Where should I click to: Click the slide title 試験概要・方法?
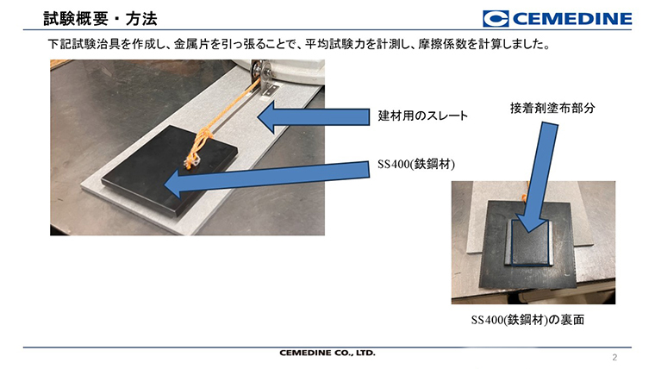[100, 19]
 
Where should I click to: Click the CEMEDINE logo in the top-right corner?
[558, 19]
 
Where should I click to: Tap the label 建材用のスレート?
[422, 116]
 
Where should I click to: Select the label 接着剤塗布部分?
[552, 109]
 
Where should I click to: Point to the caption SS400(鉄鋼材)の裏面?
[527, 320]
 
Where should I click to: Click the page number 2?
[614, 357]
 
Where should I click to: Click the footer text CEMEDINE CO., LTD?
[327, 353]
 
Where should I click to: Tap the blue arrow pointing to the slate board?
[314, 117]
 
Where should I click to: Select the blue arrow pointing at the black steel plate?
[267, 179]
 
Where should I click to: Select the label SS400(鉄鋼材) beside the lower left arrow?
[416, 164]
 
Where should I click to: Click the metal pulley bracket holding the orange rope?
[262, 78]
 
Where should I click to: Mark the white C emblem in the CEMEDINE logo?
[496, 19]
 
